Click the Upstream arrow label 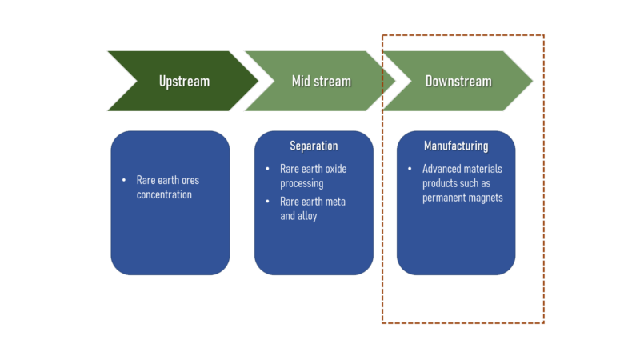click(184, 82)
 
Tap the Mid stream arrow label click(322, 82)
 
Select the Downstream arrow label click(458, 82)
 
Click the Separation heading click(314, 146)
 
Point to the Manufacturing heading click(456, 146)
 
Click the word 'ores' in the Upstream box click(190, 181)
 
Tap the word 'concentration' click(164, 194)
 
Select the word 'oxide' click(335, 169)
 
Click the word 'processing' click(302, 184)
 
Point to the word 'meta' click(335, 202)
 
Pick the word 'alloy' click(307, 216)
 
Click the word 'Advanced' click(439, 169)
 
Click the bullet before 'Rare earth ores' click(124, 180)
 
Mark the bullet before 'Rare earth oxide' click(267, 169)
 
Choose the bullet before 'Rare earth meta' click(267, 202)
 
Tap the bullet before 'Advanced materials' click(410, 169)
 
